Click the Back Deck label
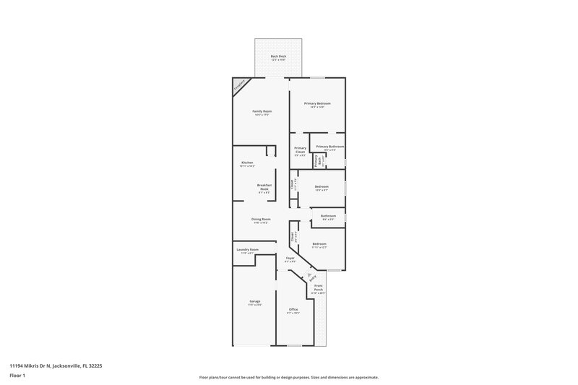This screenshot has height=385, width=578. click(x=278, y=57)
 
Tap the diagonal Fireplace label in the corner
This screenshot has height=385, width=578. click(x=239, y=86)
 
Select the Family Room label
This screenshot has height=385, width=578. click(x=261, y=112)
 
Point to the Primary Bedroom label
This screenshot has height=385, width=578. click(x=317, y=105)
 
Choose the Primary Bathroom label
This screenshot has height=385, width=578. click(x=329, y=148)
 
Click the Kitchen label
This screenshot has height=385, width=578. click(x=247, y=164)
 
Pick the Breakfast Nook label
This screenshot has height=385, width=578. click(x=264, y=189)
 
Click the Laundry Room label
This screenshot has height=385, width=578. click(x=246, y=251)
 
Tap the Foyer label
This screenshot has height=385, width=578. click(x=290, y=259)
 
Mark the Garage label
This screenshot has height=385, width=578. click(x=255, y=303)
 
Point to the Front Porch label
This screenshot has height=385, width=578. click(x=318, y=290)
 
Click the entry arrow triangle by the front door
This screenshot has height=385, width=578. click(x=309, y=276)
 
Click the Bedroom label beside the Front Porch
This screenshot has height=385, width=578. click(x=319, y=246)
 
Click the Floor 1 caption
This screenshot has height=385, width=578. click(x=17, y=376)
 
